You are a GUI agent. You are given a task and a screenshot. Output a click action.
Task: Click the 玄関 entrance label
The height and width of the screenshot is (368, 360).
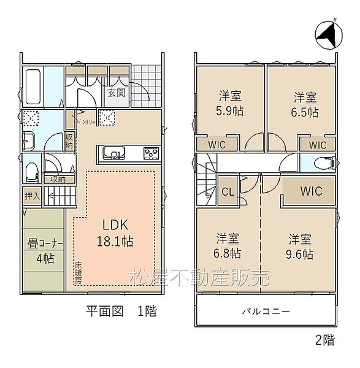[x=117, y=94]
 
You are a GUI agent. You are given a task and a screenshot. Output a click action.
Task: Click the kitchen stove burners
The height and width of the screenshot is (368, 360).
[x=151, y=152]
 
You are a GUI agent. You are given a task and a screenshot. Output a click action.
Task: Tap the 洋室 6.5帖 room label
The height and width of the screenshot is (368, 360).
[x=304, y=104]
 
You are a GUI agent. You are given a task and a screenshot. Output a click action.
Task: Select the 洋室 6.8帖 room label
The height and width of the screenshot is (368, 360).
[x=228, y=245]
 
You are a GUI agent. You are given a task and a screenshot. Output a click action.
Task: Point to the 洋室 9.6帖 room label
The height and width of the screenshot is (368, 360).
[x=301, y=245]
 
